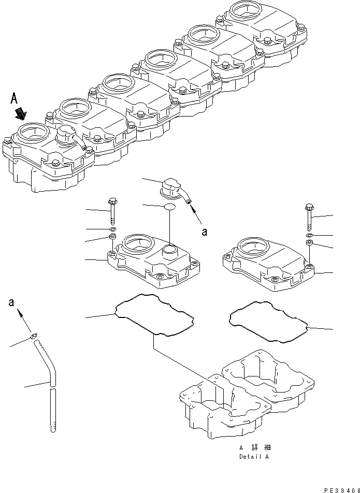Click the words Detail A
(x=254, y=457)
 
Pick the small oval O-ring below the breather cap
(x=170, y=208)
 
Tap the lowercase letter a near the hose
(x=11, y=302)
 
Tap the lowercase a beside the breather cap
(x=205, y=231)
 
